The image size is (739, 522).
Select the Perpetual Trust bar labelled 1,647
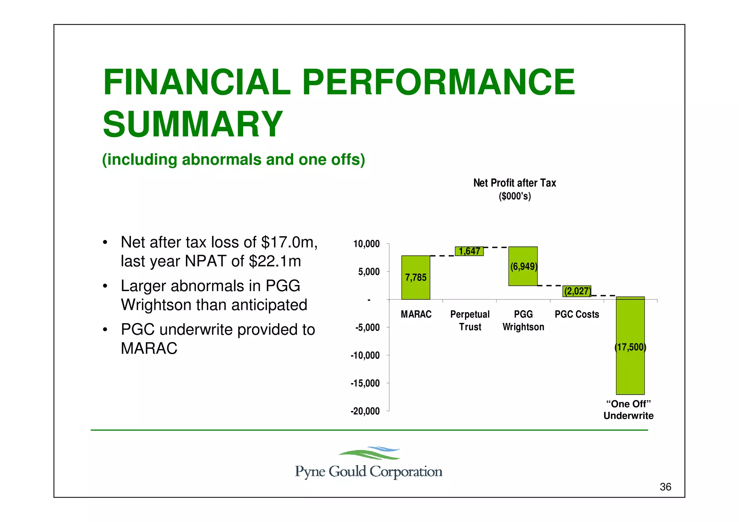tap(469, 251)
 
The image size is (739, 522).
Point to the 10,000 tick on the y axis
tap(367, 244)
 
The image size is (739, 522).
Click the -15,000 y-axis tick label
tap(365, 383)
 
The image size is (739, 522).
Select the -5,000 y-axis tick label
tap(367, 328)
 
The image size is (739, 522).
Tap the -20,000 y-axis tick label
tap(365, 411)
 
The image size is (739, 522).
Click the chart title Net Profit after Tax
tap(515, 183)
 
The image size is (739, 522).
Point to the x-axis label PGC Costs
tap(577, 314)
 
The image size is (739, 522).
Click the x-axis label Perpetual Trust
tap(470, 320)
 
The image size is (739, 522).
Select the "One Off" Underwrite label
tap(628, 410)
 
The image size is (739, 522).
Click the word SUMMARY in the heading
tap(193, 124)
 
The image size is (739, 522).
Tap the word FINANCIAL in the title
tap(197, 82)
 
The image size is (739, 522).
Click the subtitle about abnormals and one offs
tap(233, 159)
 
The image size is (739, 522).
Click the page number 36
tap(665, 487)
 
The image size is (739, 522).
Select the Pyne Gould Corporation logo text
tap(368, 471)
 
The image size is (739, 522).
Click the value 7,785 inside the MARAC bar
tap(416, 277)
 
